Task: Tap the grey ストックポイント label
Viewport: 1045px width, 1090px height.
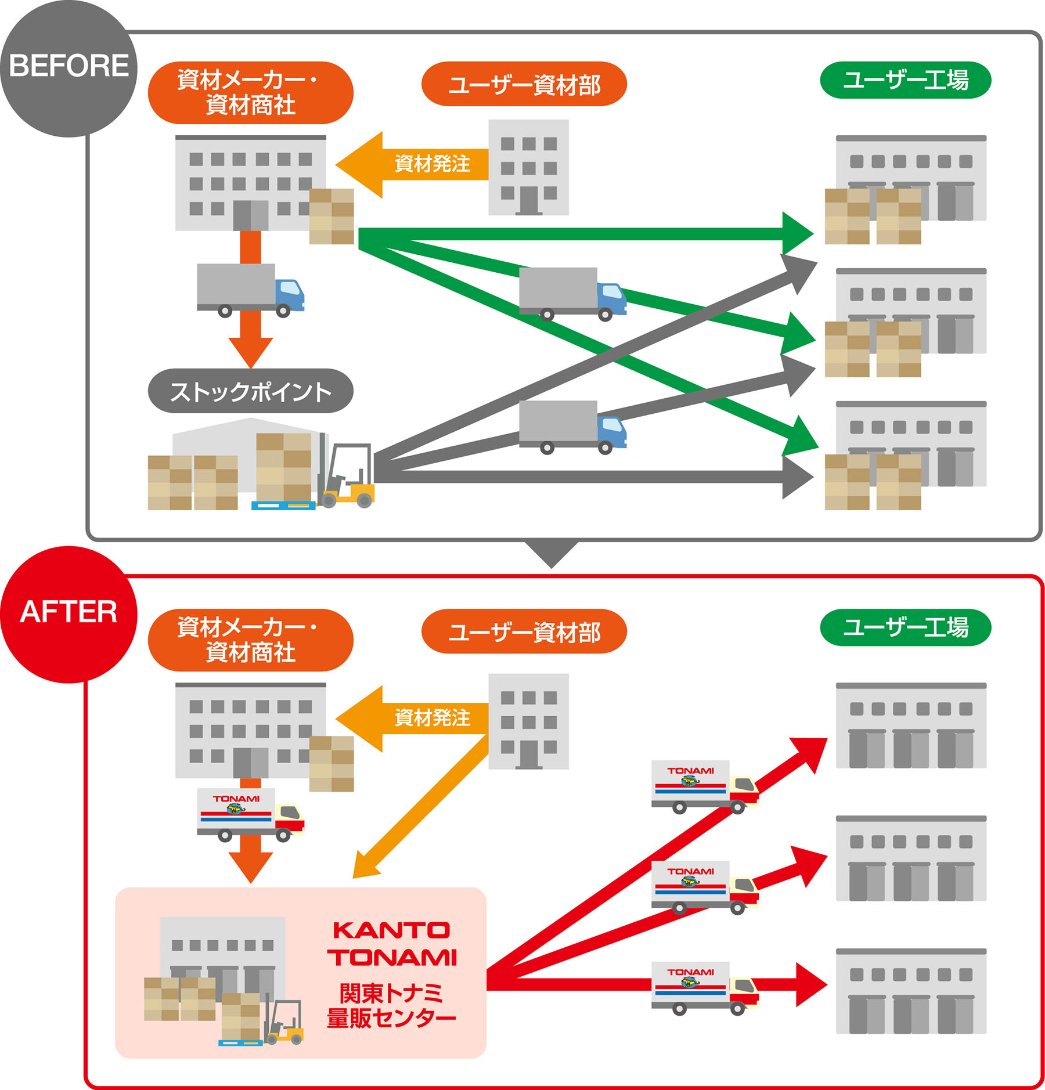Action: pyautogui.click(x=250, y=391)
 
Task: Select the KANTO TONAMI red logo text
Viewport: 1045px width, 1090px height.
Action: pyautogui.click(x=392, y=944)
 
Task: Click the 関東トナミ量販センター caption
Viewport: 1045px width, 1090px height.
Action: pyautogui.click(x=392, y=1005)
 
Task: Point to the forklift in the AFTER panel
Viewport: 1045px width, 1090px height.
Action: pyautogui.click(x=284, y=1022)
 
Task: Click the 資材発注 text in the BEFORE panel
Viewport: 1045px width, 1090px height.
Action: pyautogui.click(x=432, y=164)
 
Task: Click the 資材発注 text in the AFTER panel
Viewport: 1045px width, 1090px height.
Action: pyautogui.click(x=432, y=718)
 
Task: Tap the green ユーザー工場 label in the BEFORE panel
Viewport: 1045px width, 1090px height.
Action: pyautogui.click(x=905, y=80)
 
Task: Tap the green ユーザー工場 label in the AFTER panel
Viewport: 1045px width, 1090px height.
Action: pyautogui.click(x=905, y=627)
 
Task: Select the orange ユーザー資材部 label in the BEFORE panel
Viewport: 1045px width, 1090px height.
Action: pyautogui.click(x=524, y=84)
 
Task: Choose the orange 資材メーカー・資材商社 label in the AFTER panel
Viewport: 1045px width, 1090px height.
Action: pyautogui.click(x=250, y=640)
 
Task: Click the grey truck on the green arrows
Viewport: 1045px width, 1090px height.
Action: pyautogui.click(x=572, y=294)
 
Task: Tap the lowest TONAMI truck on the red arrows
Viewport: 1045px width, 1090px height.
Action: pyautogui.click(x=704, y=987)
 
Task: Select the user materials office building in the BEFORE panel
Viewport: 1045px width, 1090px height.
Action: pyautogui.click(x=528, y=167)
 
